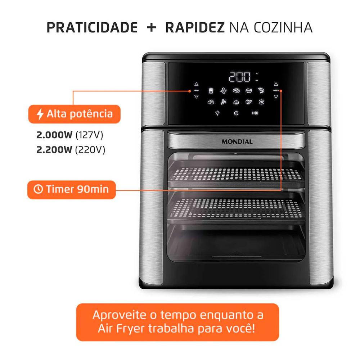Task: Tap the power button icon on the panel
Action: point(236,113)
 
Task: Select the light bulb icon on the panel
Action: point(217,113)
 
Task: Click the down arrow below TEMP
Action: point(196,96)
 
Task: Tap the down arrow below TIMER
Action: point(275,96)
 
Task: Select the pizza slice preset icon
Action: point(224,102)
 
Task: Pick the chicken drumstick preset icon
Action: point(224,90)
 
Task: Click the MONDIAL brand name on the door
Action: point(237,141)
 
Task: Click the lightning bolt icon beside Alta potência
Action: point(40,114)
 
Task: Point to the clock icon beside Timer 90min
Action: point(38,189)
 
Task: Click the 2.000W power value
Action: point(54,135)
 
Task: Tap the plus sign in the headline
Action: point(151,28)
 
